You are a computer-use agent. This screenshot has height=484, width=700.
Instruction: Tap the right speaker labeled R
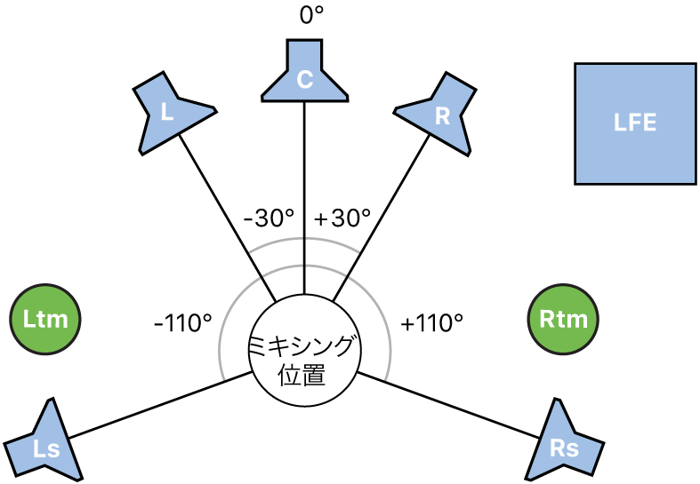coord(439,114)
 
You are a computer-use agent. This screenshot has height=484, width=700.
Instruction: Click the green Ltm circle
coord(46,319)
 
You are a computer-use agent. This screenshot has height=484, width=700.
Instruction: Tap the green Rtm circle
coord(562,319)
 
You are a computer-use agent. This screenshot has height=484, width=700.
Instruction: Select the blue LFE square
coord(635,123)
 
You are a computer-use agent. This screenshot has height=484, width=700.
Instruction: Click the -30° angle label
coord(268,218)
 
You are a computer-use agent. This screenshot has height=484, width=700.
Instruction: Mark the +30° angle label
coord(342,218)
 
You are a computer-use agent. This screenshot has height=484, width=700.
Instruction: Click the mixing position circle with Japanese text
coord(305,346)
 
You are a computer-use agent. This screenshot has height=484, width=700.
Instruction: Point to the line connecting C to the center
coord(305,195)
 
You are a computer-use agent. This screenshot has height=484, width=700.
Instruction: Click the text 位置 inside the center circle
coord(305,374)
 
